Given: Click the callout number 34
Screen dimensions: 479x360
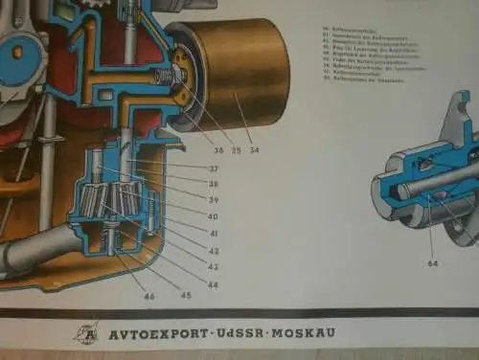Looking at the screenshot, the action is (254, 149).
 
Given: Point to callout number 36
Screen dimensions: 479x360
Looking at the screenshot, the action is (219, 149).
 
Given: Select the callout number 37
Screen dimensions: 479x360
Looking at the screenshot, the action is (214, 169).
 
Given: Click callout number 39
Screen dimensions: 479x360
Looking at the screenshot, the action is (214, 200).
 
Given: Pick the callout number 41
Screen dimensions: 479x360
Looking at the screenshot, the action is (214, 234).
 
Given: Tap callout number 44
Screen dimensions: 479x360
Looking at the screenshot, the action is (214, 284).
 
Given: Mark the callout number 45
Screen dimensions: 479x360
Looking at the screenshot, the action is (185, 296).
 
